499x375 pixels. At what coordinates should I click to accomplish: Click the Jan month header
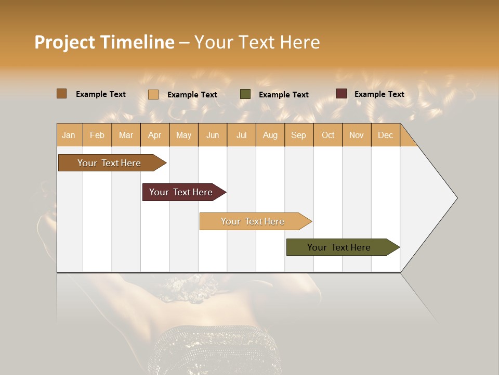(x=69, y=135)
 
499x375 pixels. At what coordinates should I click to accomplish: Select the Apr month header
(x=155, y=135)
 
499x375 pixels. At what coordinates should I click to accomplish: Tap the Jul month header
(x=242, y=135)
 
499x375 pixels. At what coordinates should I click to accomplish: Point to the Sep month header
(x=299, y=135)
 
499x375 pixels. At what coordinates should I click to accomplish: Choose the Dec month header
(x=385, y=135)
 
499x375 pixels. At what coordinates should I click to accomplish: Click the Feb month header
(x=97, y=135)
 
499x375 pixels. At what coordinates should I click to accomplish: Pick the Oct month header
(x=328, y=135)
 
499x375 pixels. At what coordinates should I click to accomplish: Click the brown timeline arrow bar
(x=109, y=163)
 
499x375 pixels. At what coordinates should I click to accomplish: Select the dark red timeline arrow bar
(x=181, y=192)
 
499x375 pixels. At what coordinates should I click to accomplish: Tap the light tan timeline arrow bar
(x=253, y=221)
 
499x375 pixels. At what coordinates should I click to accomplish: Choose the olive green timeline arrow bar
(x=339, y=247)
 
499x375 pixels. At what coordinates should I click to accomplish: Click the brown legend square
(x=62, y=94)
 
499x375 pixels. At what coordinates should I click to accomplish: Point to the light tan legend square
(x=153, y=94)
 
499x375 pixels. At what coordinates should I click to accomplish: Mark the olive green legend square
(x=245, y=94)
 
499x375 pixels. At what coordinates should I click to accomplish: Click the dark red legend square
(x=342, y=94)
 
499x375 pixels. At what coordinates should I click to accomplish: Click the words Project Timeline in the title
(x=104, y=42)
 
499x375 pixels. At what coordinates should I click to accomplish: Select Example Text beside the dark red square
(x=379, y=94)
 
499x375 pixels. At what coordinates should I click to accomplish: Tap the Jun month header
(x=213, y=135)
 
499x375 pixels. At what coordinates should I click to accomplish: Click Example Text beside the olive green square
(x=284, y=95)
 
